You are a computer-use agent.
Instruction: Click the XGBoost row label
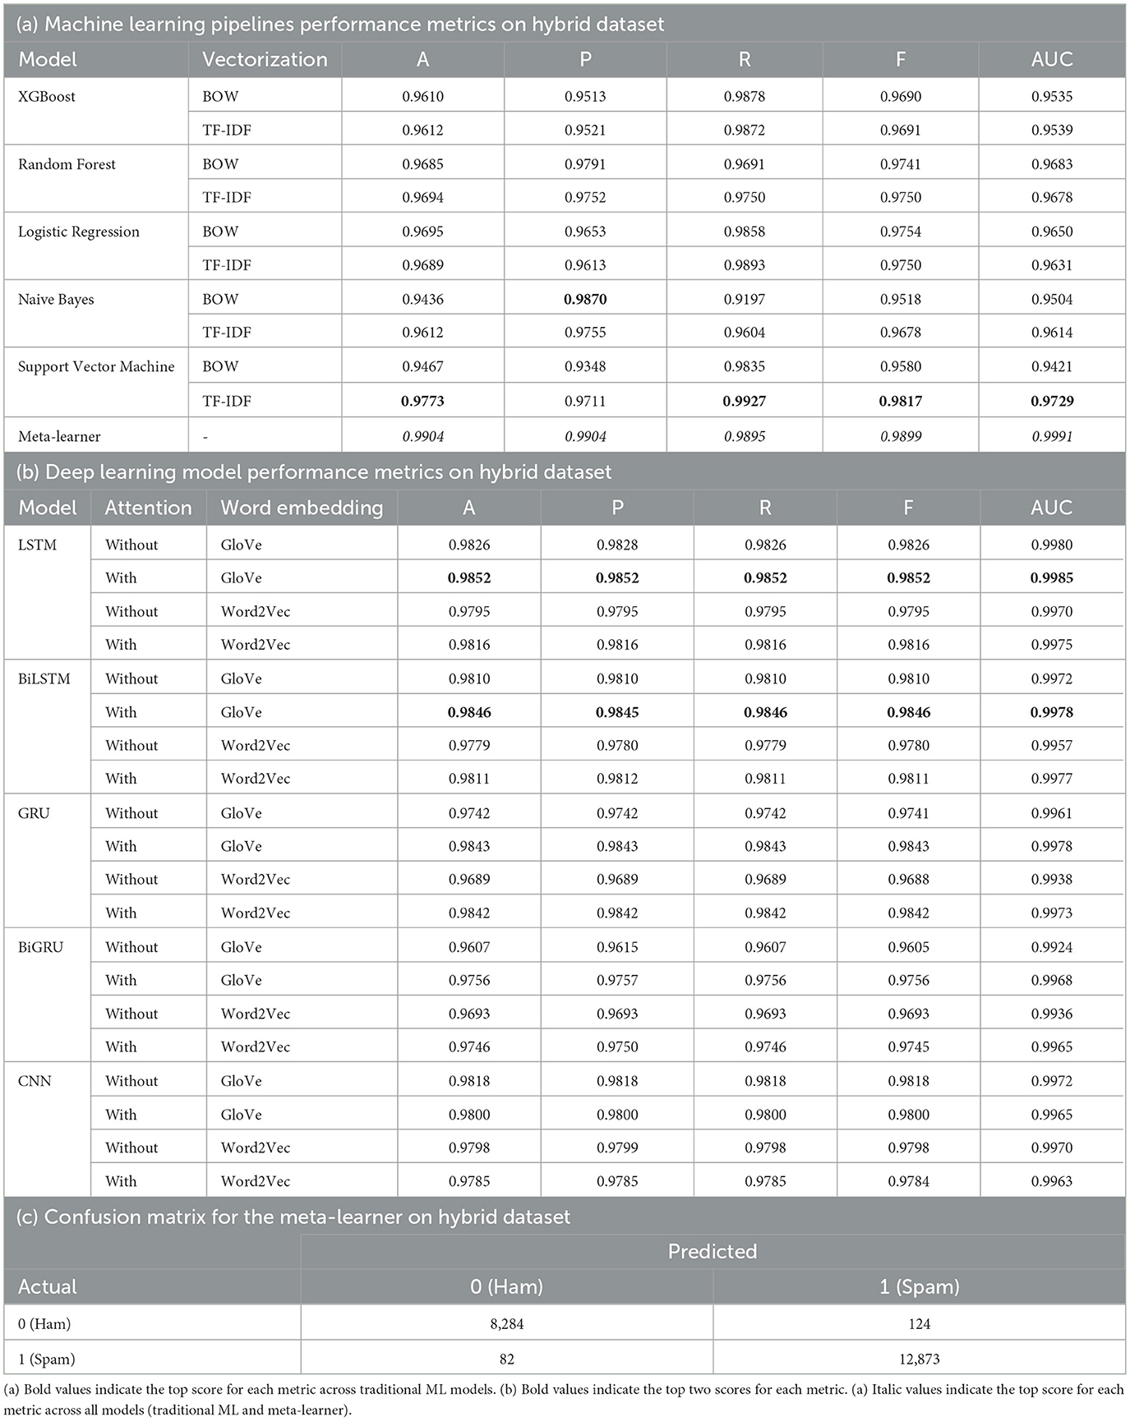tap(47, 96)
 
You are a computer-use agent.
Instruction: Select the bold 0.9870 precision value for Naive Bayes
tap(585, 299)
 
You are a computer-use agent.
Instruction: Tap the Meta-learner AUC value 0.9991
tap(1052, 436)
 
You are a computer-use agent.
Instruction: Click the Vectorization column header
tap(265, 59)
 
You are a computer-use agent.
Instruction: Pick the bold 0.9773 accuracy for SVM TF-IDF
tap(422, 401)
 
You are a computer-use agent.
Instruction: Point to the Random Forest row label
tap(67, 164)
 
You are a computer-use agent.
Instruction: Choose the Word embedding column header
tap(302, 508)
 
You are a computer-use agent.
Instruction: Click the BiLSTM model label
tap(44, 678)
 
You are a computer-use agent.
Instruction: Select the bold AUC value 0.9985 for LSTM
tap(1052, 577)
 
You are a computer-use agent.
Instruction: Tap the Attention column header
tap(148, 508)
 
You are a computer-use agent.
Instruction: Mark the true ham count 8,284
tap(506, 1323)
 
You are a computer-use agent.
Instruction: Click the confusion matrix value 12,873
tap(920, 1359)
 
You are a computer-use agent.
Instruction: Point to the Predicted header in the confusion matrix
tap(713, 1251)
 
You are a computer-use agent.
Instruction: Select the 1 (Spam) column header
tap(920, 1286)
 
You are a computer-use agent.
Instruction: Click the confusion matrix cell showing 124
tap(920, 1323)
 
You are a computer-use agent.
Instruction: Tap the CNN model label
tap(35, 1081)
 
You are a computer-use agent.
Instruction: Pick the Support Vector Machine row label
tap(96, 366)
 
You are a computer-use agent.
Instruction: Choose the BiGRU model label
tap(40, 946)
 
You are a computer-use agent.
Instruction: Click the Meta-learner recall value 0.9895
tap(745, 436)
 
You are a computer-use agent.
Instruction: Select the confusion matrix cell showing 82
tap(506, 1359)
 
